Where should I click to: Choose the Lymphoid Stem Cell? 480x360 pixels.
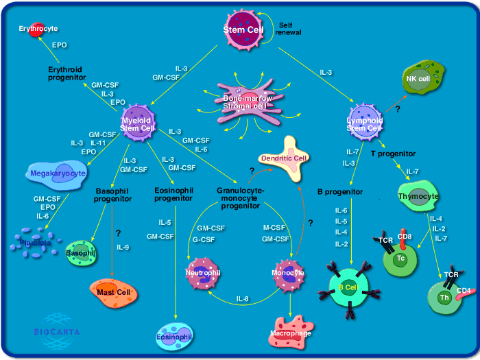tap(363, 119)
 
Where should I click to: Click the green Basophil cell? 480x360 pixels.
tap(81, 252)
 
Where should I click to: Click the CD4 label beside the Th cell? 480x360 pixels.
tap(464, 290)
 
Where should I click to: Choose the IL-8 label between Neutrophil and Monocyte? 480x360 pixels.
tap(243, 300)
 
